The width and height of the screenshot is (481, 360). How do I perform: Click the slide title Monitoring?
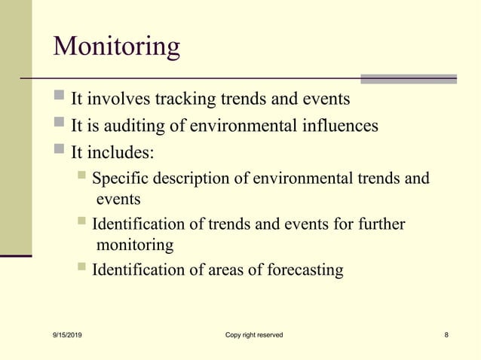point(117,47)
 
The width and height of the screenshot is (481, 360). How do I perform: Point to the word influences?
point(341,126)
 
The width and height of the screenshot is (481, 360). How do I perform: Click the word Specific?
point(121,179)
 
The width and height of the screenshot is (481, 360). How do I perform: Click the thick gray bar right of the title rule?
point(408,78)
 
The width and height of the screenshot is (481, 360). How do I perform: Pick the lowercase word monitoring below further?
point(135,245)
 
